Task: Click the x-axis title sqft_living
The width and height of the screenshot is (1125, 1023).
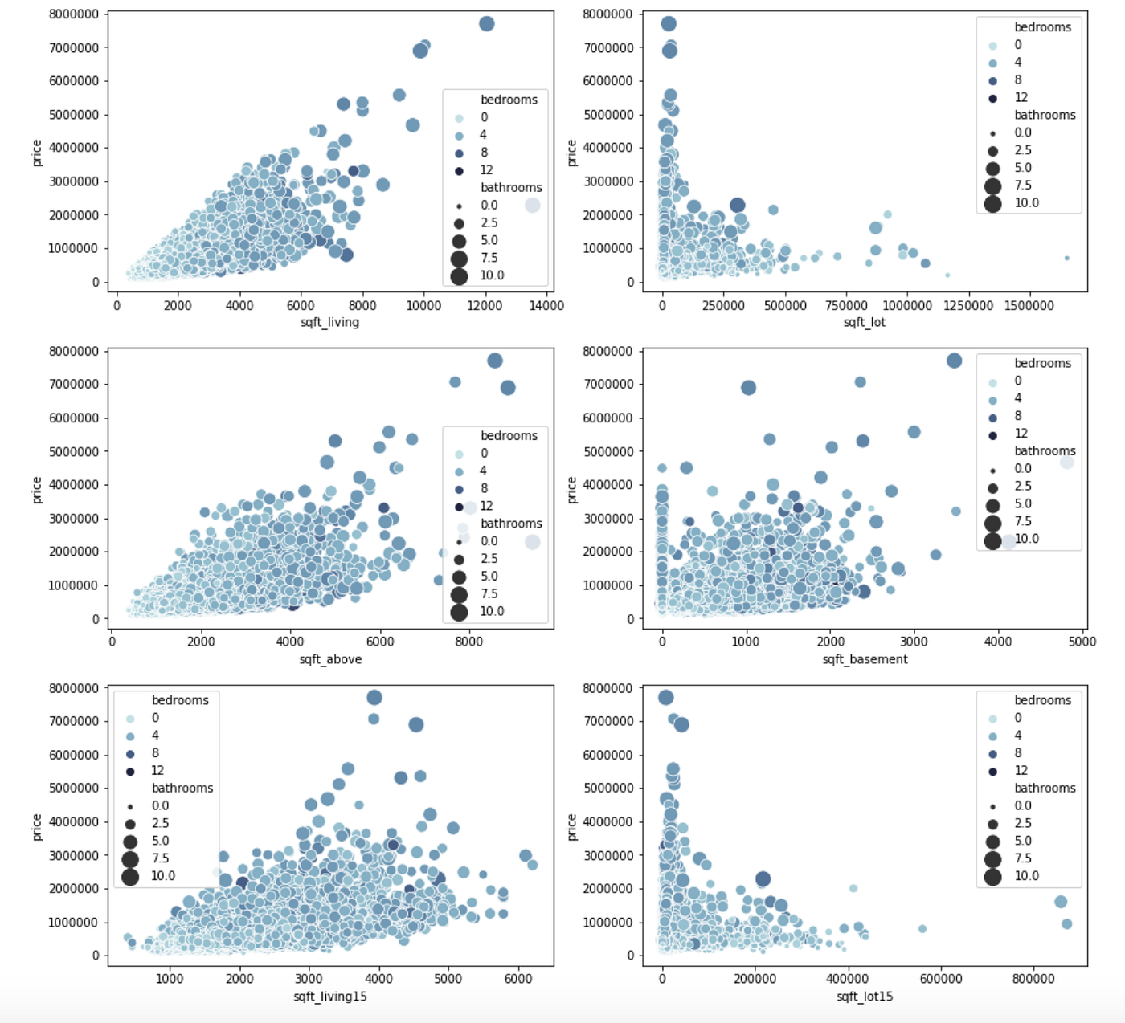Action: pos(329,322)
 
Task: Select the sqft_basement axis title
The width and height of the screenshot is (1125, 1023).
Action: pos(865,659)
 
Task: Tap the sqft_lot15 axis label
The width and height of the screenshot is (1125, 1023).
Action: pos(865,997)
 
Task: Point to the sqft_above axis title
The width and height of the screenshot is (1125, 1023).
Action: pos(330,659)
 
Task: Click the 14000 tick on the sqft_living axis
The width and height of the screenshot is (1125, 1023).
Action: pos(546,305)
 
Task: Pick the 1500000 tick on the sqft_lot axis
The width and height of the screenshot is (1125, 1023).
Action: pos(1029,305)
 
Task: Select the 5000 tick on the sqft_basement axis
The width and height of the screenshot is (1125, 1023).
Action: pos(1082,642)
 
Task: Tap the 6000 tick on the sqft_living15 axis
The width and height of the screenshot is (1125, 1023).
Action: pos(518,978)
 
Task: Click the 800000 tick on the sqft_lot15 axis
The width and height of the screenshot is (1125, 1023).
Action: pos(1033,978)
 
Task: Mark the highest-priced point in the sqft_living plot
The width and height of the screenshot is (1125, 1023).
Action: pos(486,24)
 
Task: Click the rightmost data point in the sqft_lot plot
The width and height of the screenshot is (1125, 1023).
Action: pos(1066,258)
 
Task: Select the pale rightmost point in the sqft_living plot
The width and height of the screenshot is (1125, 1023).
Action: pos(532,206)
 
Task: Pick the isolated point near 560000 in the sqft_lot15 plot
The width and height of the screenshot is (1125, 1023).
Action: pos(922,929)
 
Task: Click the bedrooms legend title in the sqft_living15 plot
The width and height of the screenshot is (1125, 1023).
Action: pos(180,700)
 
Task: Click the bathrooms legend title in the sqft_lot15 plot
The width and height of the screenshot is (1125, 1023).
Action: pos(1045,788)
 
